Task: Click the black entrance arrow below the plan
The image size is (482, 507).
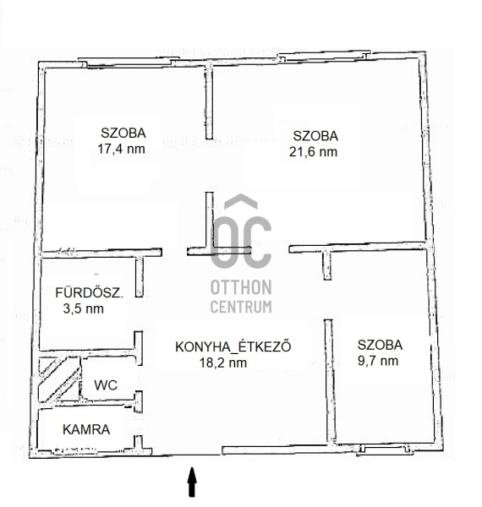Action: [192, 482]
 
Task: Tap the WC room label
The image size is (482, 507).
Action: [106, 384]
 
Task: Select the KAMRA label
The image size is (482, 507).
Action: [86, 429]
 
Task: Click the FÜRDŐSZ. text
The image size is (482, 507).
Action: [90, 292]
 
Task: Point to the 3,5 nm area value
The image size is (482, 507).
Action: [84, 308]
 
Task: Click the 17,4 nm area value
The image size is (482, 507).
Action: [121, 149]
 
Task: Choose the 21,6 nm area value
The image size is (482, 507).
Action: [313, 151]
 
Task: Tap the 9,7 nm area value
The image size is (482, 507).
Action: [378, 361]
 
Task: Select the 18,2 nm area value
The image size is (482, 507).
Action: [223, 363]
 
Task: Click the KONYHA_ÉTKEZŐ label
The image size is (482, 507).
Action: [233, 346]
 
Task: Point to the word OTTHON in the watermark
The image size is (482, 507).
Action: [241, 287]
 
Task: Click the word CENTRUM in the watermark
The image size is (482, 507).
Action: [241, 307]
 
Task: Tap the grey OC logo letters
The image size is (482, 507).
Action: [241, 243]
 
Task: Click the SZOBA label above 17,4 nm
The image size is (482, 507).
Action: [123, 133]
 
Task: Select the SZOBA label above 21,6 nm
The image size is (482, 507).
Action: [315, 136]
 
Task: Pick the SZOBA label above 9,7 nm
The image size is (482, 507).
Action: [380, 345]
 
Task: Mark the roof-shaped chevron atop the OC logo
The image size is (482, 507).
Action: [241, 201]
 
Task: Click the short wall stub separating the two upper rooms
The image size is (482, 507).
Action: [210, 101]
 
